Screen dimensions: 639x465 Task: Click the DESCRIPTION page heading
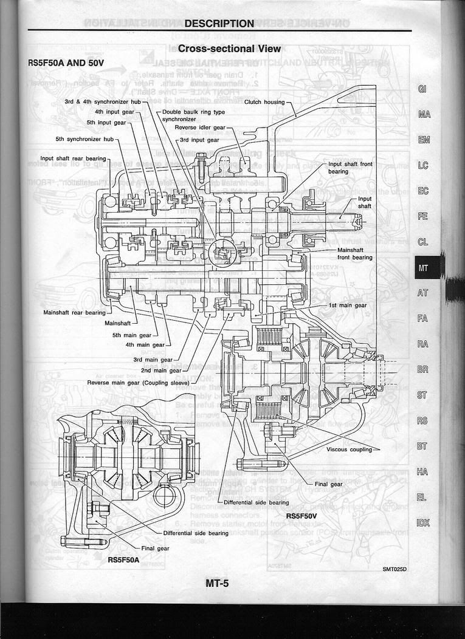click(219, 24)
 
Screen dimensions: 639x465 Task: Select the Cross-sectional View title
click(230, 49)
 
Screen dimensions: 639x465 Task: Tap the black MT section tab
click(423, 267)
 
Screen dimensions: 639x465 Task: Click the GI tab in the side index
click(423, 89)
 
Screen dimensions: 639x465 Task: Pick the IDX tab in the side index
click(423, 522)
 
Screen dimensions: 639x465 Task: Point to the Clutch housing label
click(264, 102)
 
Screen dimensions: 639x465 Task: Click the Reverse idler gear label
click(200, 128)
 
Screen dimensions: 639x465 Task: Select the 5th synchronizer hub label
click(84, 139)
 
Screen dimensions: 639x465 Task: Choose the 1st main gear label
click(347, 306)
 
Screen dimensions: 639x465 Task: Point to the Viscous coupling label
click(350, 449)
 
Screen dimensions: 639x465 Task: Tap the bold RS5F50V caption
click(303, 516)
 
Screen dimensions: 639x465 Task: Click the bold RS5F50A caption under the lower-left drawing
click(123, 559)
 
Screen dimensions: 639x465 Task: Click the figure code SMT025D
click(394, 569)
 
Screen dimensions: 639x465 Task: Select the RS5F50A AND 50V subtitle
click(66, 63)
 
